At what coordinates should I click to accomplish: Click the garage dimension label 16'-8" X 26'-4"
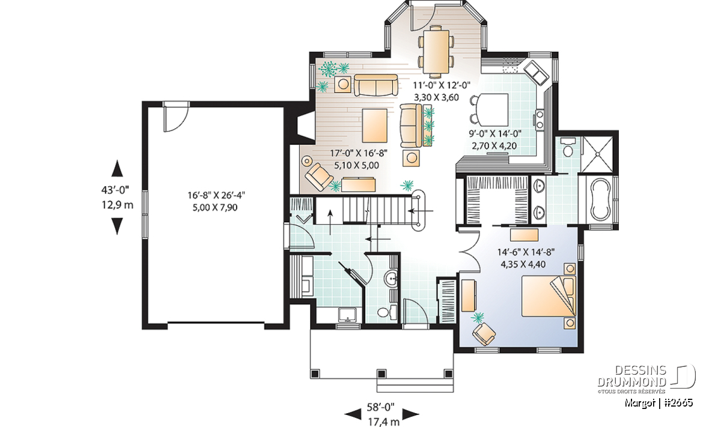216,195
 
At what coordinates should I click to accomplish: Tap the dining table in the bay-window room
436,52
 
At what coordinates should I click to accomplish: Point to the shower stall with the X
598,154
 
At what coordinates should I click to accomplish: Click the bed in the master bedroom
549,296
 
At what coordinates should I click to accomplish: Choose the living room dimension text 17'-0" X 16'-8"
359,153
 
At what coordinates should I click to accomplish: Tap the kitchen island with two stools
492,110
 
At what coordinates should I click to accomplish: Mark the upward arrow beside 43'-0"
117,168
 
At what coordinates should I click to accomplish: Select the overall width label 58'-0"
380,407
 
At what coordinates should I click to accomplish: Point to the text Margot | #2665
659,403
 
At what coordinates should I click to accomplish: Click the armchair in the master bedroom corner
484,334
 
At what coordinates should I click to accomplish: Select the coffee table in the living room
375,126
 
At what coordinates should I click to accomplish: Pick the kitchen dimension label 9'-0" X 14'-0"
494,133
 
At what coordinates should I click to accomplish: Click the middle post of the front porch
382,374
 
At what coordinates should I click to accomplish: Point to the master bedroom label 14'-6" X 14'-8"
526,252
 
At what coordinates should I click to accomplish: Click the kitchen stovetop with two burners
540,119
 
